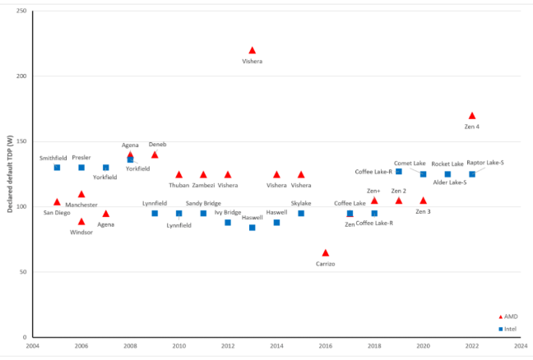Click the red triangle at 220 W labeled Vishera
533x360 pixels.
pos(252,51)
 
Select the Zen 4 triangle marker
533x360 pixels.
pos(472,116)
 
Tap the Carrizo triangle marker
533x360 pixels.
pos(326,253)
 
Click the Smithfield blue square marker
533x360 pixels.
pos(57,168)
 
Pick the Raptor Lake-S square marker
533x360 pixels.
pos(472,174)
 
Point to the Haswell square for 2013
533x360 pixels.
pos(252,228)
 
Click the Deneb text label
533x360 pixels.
pos(157,144)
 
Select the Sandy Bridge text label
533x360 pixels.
pos(202,203)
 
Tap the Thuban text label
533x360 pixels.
pos(178,185)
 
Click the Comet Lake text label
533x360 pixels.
pos(410,163)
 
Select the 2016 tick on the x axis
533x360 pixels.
pos(326,346)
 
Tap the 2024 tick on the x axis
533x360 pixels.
pos(521,346)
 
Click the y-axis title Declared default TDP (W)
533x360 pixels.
pos(11,174)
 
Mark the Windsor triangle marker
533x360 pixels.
pos(81,221)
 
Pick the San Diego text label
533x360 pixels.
pos(57,212)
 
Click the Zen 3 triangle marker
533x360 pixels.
pos(423,201)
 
